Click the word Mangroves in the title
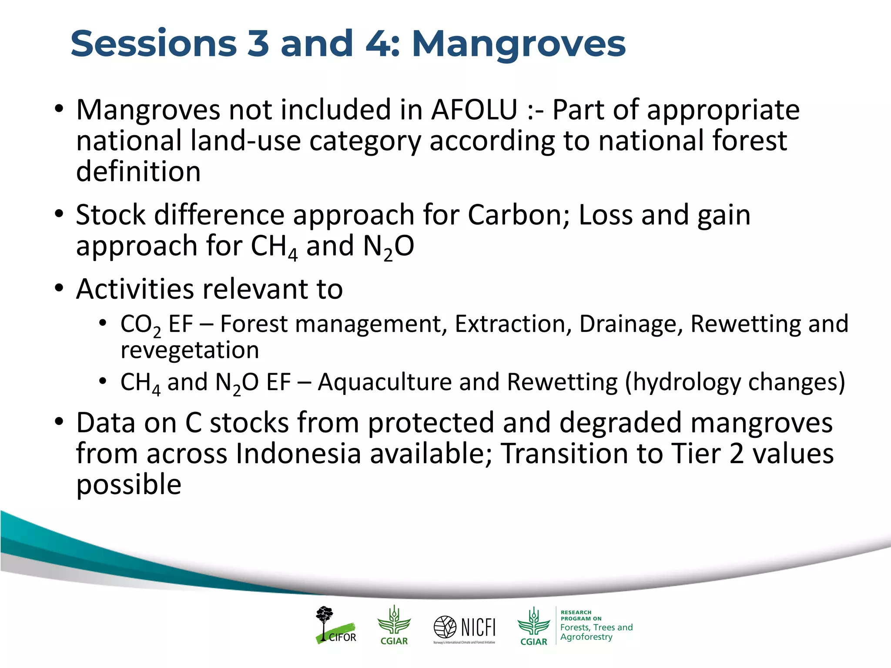point(518,44)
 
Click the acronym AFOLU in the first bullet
point(474,110)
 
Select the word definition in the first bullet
point(138,171)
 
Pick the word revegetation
point(190,351)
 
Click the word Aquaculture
point(385,382)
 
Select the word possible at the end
point(129,485)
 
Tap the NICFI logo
point(465,628)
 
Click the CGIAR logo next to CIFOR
point(394,625)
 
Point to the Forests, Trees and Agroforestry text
point(596,632)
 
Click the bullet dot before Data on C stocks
point(59,422)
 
